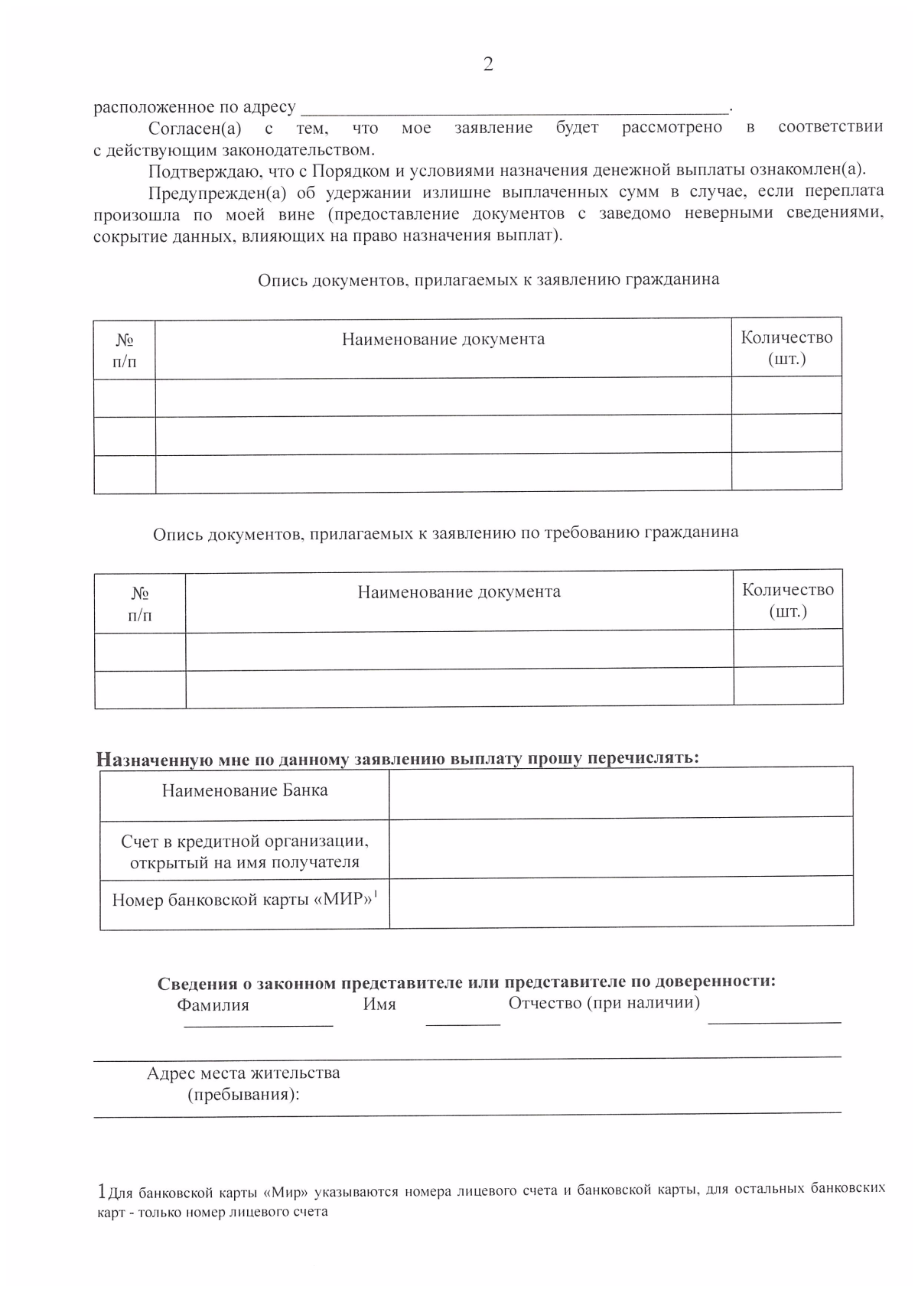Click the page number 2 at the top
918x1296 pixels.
(x=488, y=64)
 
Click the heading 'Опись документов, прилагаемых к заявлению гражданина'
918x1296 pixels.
(x=488, y=280)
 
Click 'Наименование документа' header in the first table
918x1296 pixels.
(x=443, y=339)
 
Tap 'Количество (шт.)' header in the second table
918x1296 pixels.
(x=787, y=601)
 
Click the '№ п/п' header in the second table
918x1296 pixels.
(x=140, y=604)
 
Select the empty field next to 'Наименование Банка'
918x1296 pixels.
(x=620, y=792)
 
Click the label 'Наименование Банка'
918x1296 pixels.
(x=245, y=790)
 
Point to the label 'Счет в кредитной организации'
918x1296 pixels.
(x=245, y=842)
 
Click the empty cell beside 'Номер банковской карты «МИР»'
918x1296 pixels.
(x=620, y=902)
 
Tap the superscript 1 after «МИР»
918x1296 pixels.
(x=376, y=892)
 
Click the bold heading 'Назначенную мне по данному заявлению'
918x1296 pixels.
(x=398, y=759)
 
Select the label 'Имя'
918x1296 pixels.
(x=379, y=1005)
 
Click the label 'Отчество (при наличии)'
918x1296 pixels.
(x=604, y=1002)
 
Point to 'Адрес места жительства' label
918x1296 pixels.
(x=243, y=1073)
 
